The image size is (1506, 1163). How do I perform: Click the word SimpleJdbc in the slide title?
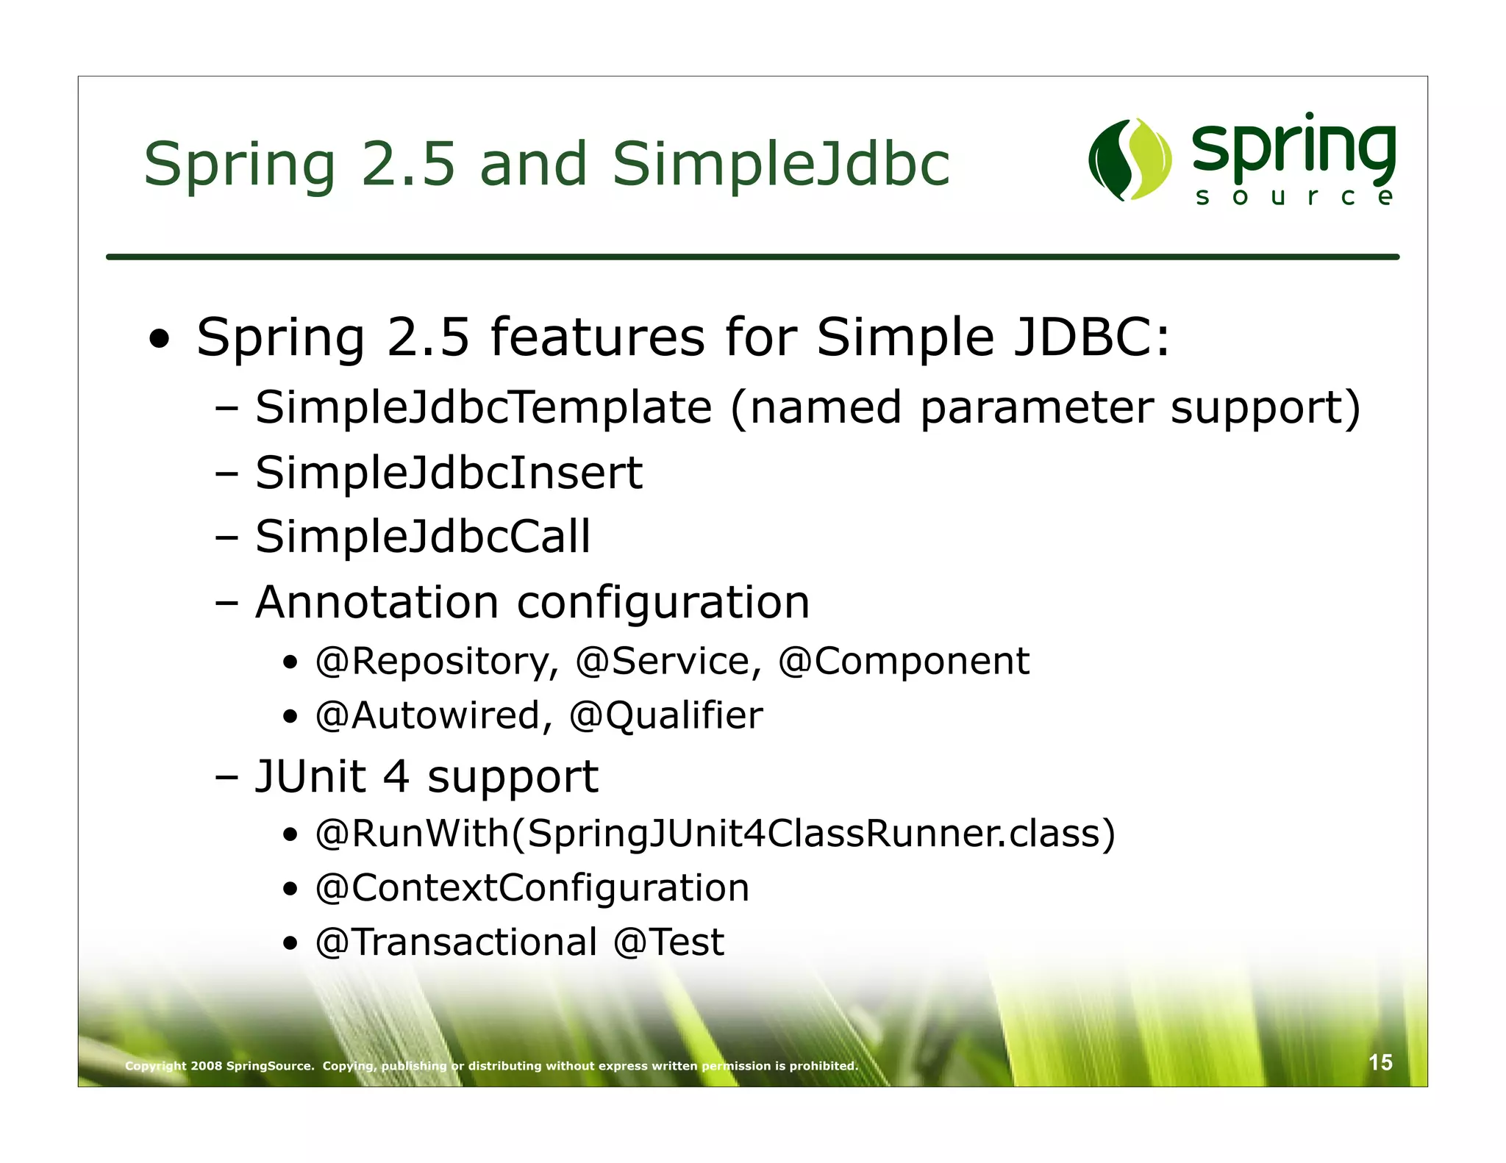tap(781, 164)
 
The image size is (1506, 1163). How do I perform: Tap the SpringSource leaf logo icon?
tap(1129, 160)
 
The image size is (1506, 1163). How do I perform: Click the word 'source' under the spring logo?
tap(1293, 197)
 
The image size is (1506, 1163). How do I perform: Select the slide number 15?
tap(1380, 1062)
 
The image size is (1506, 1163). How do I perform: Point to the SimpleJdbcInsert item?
tap(449, 472)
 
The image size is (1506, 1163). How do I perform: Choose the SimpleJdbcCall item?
tap(423, 536)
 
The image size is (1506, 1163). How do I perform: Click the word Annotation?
tap(376, 602)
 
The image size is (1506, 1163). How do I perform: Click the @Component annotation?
tap(904, 661)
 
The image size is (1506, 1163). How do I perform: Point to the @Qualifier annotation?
tap(666, 715)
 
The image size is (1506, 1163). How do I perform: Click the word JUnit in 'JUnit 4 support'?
tap(310, 776)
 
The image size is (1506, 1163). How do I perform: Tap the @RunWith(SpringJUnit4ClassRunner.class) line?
tap(715, 834)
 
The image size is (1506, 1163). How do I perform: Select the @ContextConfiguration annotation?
tap(532, 888)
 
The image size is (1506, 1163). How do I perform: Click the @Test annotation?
tap(668, 942)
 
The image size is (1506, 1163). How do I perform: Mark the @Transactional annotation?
tap(456, 942)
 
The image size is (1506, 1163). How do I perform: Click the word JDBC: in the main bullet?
tap(1091, 337)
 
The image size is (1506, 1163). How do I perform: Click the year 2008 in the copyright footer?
tap(206, 1066)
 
